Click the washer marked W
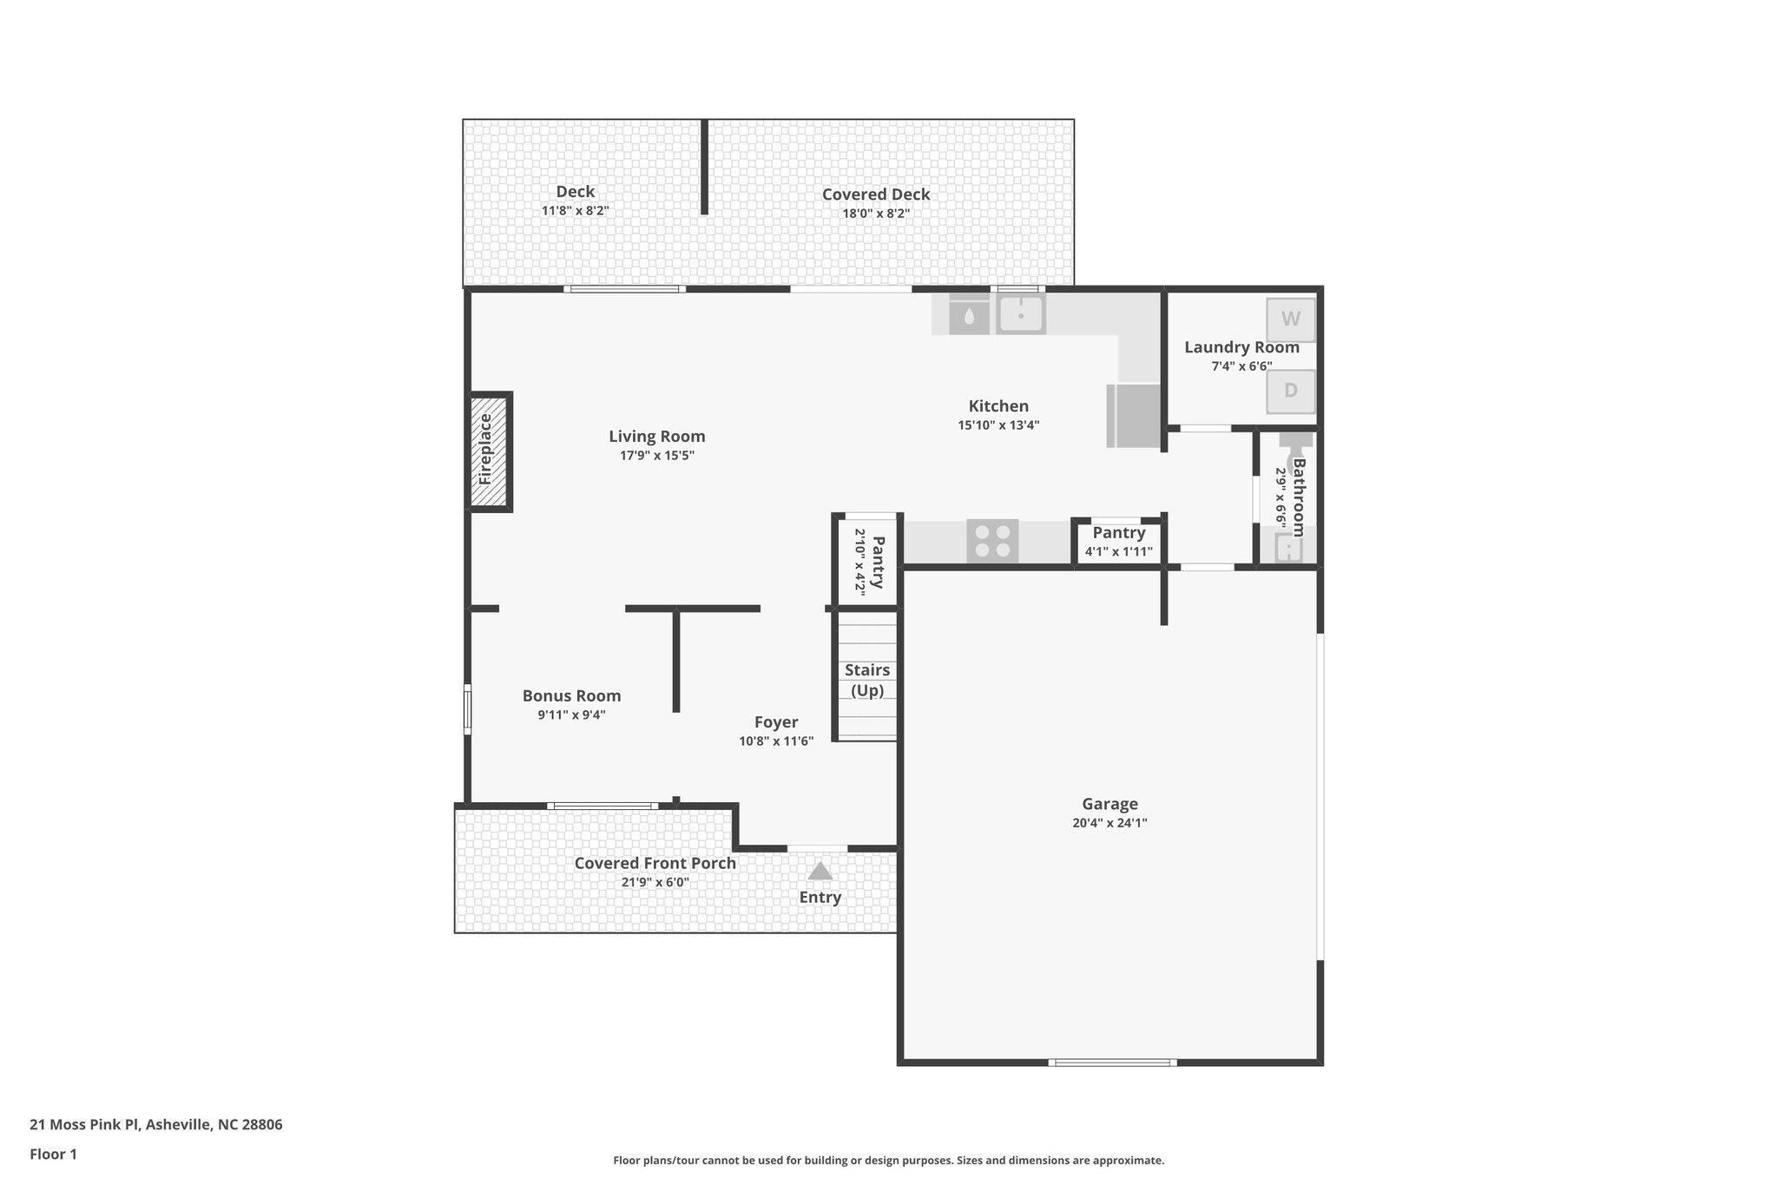pos(1290,319)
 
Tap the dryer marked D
pos(1290,391)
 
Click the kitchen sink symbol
pos(1021,314)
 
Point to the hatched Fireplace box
pos(489,451)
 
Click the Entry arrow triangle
pos(820,871)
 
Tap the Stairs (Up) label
pos(866,680)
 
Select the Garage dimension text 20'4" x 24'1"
pos(1110,823)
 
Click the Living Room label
pos(656,437)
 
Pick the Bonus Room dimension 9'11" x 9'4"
pos(571,715)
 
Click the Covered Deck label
pos(876,194)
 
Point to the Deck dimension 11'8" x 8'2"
pos(575,211)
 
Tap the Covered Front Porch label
pos(655,863)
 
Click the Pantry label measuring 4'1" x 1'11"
pos(1118,533)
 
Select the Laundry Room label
pos(1241,347)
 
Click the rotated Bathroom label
pos(1299,497)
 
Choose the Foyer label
pos(775,722)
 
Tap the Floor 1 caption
pos(53,1154)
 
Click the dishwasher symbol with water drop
pos(969,314)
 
